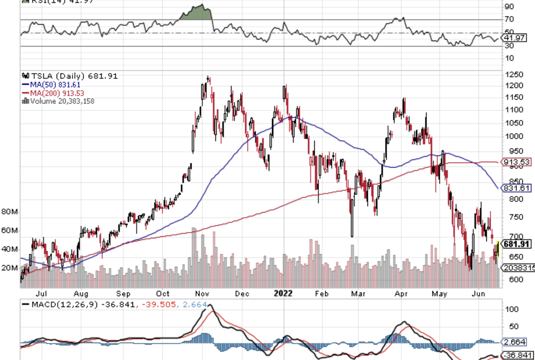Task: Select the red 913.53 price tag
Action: click(516, 162)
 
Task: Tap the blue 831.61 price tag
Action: click(516, 188)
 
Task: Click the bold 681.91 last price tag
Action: click(517, 244)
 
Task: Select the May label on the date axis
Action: click(440, 294)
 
